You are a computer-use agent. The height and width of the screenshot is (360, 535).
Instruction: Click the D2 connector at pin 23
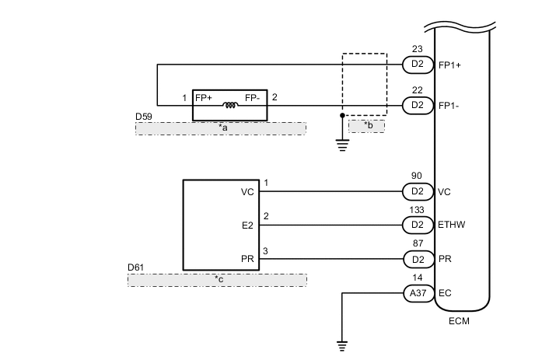[x=417, y=65]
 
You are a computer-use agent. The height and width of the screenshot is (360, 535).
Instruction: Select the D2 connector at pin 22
[x=417, y=104]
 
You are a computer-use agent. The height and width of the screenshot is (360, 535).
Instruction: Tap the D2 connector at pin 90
[x=417, y=191]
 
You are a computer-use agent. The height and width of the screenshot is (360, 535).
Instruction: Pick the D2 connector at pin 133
[x=417, y=225]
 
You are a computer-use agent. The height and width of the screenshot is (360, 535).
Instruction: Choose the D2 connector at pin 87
[x=417, y=259]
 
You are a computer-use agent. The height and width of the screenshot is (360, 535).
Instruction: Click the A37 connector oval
[x=417, y=293]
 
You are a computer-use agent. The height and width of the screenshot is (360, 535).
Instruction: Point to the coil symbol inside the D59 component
[x=229, y=105]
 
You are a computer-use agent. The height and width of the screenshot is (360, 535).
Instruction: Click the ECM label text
[x=460, y=321]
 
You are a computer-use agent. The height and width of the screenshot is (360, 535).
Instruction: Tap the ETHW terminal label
[x=452, y=225]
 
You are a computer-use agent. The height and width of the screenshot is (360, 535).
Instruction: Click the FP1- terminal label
[x=449, y=104]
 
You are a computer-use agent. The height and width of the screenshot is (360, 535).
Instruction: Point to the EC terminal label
[x=444, y=293]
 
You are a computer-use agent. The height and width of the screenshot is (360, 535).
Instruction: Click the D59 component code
[x=144, y=116]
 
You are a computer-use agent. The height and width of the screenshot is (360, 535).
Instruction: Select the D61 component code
[x=136, y=267]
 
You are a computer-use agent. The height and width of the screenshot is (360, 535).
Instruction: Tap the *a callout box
[x=221, y=128]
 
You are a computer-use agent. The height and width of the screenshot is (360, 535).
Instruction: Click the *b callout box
[x=366, y=126]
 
